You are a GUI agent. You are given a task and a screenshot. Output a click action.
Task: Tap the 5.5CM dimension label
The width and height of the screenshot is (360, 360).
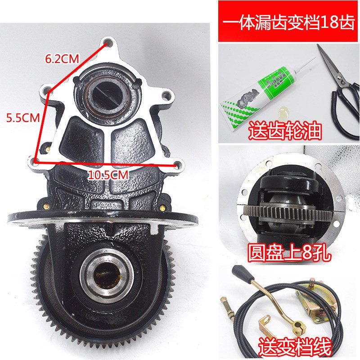pos(22,118)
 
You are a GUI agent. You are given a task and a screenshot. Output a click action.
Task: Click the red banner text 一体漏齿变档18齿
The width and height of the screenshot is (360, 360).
pos(288,22)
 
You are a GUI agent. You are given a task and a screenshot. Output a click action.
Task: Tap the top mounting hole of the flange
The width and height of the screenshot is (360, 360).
pos(107,44)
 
